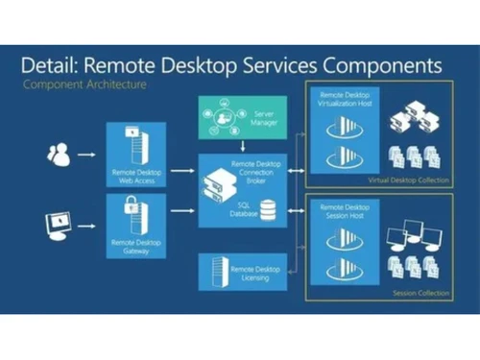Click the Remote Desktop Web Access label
coord(137,175)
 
